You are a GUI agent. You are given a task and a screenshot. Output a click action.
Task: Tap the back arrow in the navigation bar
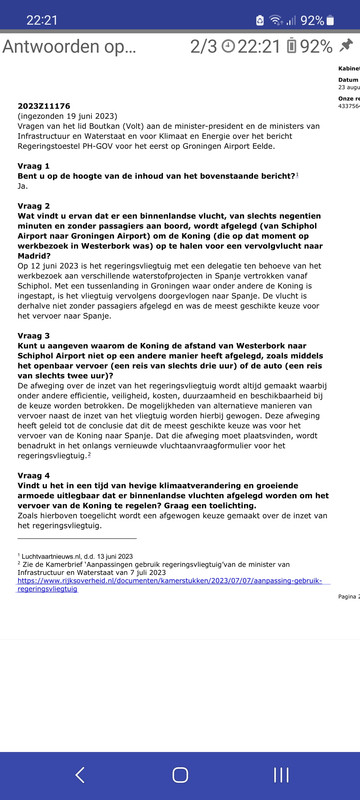[x=80, y=774]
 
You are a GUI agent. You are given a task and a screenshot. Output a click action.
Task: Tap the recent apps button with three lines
[x=281, y=774]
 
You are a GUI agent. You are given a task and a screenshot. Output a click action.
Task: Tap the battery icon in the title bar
[x=291, y=47]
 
